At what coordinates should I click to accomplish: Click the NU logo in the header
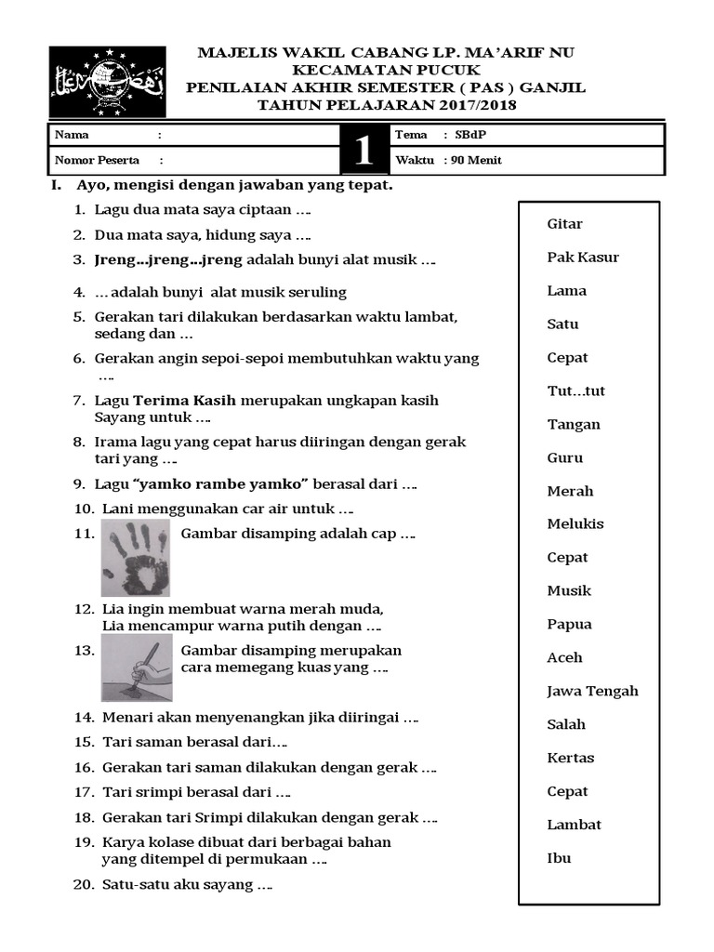tap(107, 81)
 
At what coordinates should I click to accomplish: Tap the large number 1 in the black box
tap(364, 149)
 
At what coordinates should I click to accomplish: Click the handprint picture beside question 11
tap(136, 557)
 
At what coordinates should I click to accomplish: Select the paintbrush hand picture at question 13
tap(136, 668)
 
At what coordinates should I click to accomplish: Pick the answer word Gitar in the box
tap(565, 224)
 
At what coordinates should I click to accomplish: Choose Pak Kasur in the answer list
tap(583, 258)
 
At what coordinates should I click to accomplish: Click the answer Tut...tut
tap(576, 391)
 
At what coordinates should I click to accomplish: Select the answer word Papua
tap(569, 625)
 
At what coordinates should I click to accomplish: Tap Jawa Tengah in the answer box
tap(592, 692)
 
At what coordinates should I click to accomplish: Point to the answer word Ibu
tap(559, 858)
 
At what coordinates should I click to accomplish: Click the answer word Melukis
tap(575, 524)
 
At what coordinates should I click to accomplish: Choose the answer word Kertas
tap(571, 759)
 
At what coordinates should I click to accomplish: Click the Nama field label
tap(73, 135)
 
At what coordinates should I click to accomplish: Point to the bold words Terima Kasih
tap(185, 401)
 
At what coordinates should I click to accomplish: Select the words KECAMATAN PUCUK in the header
tap(386, 70)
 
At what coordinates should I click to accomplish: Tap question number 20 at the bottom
tap(84, 885)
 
